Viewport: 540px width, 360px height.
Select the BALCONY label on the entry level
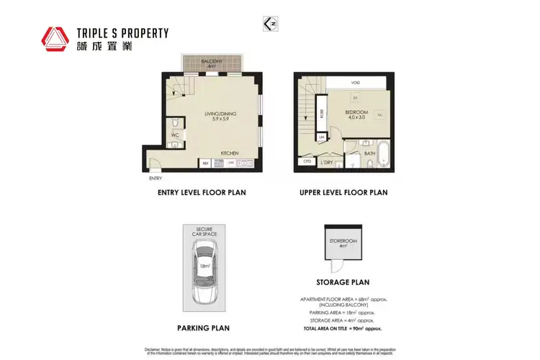click(211, 62)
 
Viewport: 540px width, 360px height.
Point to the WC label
click(175, 135)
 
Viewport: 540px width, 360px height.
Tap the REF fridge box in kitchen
click(205, 163)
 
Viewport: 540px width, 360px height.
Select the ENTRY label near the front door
click(156, 178)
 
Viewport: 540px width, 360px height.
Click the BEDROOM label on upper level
click(356, 112)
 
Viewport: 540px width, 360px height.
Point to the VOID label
click(356, 83)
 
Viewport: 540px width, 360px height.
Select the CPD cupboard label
click(307, 161)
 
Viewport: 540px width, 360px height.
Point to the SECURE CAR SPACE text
click(204, 234)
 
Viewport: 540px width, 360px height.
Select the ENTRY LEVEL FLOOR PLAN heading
click(202, 193)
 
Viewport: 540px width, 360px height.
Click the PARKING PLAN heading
click(204, 328)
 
